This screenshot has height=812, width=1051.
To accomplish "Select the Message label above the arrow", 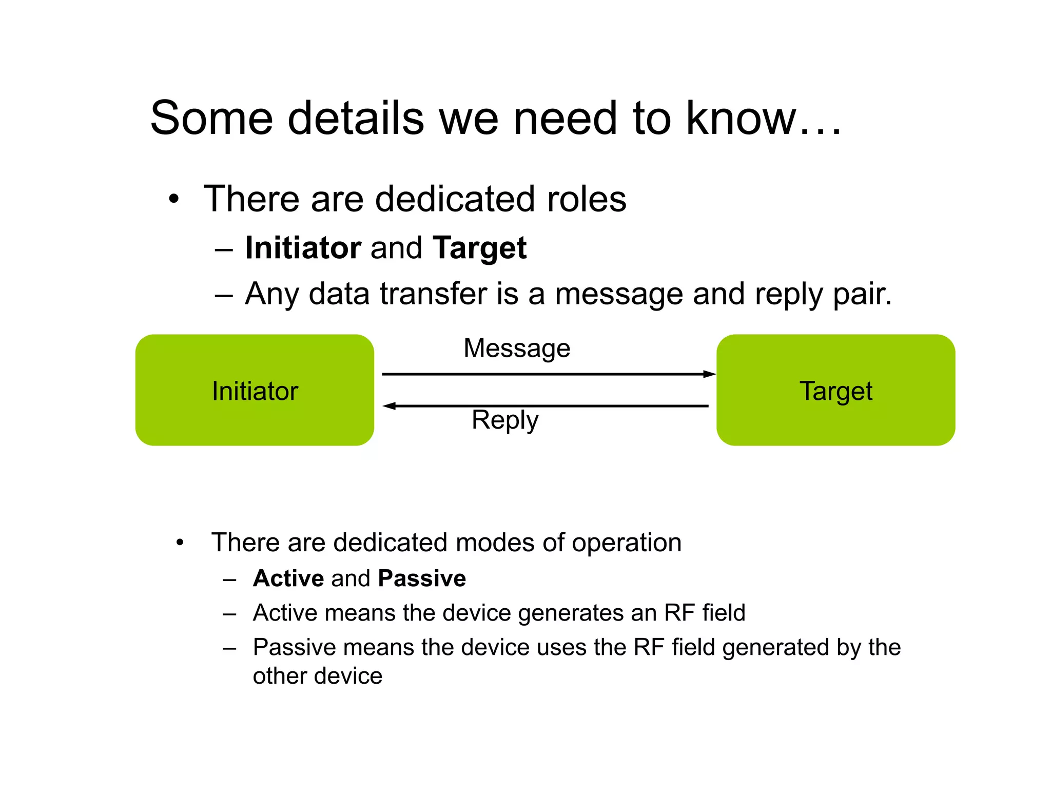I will point(517,349).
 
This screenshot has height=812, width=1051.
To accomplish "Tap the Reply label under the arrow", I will point(505,420).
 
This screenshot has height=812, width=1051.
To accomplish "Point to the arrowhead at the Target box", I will point(710,374).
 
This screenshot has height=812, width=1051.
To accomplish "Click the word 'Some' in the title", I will point(211,118).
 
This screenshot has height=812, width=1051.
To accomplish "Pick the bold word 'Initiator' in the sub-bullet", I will point(303,248).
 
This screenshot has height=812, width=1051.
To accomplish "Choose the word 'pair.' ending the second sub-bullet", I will point(862,295).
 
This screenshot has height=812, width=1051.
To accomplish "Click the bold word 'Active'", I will point(288,578).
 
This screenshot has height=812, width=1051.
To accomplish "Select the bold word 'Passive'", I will point(422,578).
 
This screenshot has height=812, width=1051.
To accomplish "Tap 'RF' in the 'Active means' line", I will point(679,613).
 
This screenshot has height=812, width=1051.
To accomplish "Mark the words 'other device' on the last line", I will point(318,676).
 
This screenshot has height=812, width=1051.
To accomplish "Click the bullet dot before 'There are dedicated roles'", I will point(174,199).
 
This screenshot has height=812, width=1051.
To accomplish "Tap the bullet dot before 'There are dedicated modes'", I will point(180,543).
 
